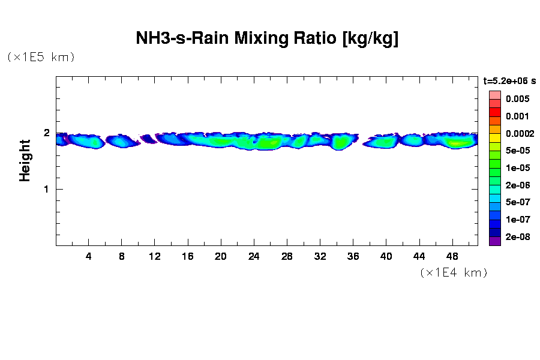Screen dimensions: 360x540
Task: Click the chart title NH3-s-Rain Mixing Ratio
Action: tap(267, 39)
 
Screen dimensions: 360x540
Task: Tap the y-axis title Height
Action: tap(25, 160)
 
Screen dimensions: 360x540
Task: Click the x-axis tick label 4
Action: tap(89, 257)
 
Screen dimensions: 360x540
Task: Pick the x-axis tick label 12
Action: tap(155, 257)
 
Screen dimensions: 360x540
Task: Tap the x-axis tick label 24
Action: tap(254, 257)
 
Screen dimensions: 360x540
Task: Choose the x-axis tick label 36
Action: tap(353, 257)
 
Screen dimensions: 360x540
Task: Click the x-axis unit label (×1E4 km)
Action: tap(453, 273)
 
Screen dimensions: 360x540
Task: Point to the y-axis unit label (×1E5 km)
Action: tap(40, 57)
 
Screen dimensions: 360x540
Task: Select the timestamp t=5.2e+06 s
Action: tap(509, 80)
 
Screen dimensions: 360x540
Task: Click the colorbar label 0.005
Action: tap(517, 99)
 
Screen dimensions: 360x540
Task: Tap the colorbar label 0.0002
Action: tap(519, 133)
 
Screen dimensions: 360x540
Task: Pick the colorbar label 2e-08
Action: tap(517, 237)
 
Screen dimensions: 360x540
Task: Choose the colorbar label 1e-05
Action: tap(517, 168)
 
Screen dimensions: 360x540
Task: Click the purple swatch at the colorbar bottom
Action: tap(494, 241)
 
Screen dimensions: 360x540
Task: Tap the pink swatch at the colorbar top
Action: tap(494, 95)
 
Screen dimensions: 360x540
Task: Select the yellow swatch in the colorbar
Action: tap(494, 138)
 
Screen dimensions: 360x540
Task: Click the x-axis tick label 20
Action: tap(221, 257)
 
